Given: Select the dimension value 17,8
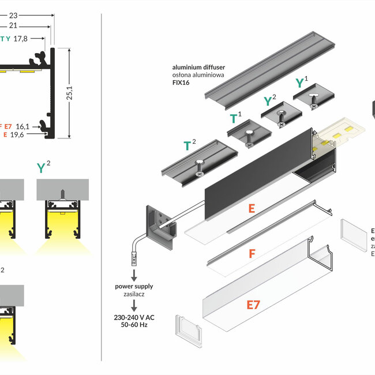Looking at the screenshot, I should (28, 39).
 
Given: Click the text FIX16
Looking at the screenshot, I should (181, 82).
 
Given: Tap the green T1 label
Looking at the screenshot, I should (235, 119).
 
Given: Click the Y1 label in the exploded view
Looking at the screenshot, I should (301, 82).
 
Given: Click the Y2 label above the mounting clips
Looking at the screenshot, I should (269, 100).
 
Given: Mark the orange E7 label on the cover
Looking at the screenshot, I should (253, 305).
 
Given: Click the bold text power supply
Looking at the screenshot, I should (134, 286).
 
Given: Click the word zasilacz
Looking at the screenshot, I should (134, 293).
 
